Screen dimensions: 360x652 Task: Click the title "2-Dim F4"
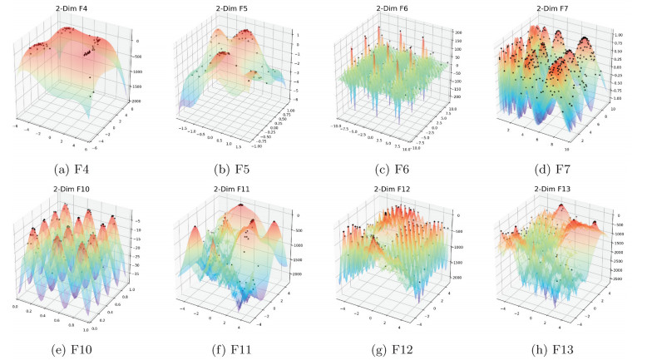[x=72, y=9]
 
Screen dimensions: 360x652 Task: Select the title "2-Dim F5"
[x=236, y=9]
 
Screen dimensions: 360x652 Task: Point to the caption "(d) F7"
[x=567, y=171]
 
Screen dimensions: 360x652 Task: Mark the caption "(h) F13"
[x=567, y=348]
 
